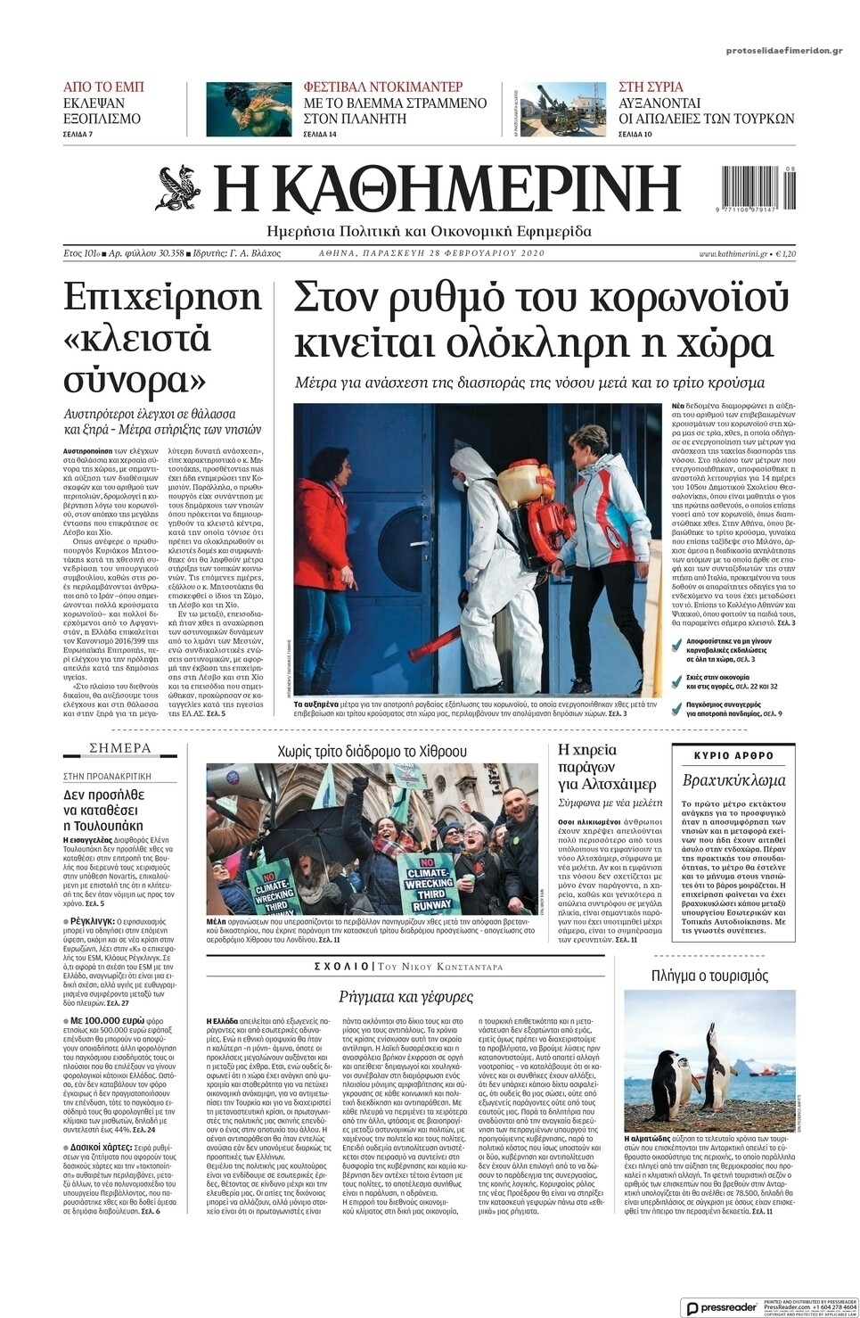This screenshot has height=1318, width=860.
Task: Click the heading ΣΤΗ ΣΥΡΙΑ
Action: [x=651, y=86]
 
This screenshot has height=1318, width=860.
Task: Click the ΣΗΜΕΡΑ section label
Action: [x=121, y=748]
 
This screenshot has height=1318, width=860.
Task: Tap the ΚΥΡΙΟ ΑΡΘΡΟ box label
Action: [x=733, y=756]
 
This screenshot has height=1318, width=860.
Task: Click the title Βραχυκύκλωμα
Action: [x=733, y=780]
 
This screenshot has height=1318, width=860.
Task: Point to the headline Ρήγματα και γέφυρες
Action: [x=406, y=996]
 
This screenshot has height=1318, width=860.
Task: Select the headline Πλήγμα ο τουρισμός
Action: [x=709, y=975]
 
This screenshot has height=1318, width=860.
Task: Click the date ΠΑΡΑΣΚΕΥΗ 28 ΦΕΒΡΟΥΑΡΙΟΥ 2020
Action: [x=431, y=253]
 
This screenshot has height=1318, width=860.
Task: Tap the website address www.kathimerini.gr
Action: [x=733, y=254]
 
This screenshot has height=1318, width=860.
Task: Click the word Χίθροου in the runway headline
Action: [x=436, y=751]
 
